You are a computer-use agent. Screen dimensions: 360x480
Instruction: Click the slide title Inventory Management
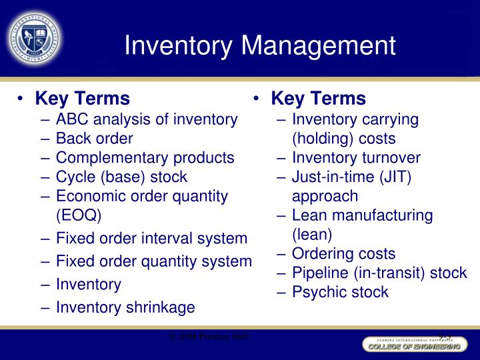[260, 45]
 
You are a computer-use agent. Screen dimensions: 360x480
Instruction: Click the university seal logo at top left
[34, 37]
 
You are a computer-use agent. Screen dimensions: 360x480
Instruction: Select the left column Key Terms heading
[82, 99]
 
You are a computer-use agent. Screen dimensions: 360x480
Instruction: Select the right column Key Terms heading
[318, 99]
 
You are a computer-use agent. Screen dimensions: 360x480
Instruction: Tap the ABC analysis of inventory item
[147, 119]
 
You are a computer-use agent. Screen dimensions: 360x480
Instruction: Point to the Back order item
[94, 139]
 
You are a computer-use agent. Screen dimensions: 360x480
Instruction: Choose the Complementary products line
[145, 158]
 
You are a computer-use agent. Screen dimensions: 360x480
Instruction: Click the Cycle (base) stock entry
[121, 177]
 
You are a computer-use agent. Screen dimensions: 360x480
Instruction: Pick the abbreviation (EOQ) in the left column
[79, 215]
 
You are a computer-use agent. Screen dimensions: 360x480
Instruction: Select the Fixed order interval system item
[151, 238]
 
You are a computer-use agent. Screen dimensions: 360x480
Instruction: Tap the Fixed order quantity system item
[153, 261]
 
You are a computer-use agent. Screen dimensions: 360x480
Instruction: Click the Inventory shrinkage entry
[125, 307]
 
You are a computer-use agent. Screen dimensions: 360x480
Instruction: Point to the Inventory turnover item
[356, 158]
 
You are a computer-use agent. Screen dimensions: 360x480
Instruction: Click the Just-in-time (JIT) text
[351, 177]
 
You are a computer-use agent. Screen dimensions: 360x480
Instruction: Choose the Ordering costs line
[343, 253]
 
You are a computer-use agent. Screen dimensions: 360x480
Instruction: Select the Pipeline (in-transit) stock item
[379, 273]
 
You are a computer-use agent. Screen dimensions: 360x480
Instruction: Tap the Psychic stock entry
[340, 292]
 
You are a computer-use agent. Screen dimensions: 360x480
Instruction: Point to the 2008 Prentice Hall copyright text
[209, 337]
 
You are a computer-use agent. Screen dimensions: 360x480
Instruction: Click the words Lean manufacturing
[362, 215]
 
